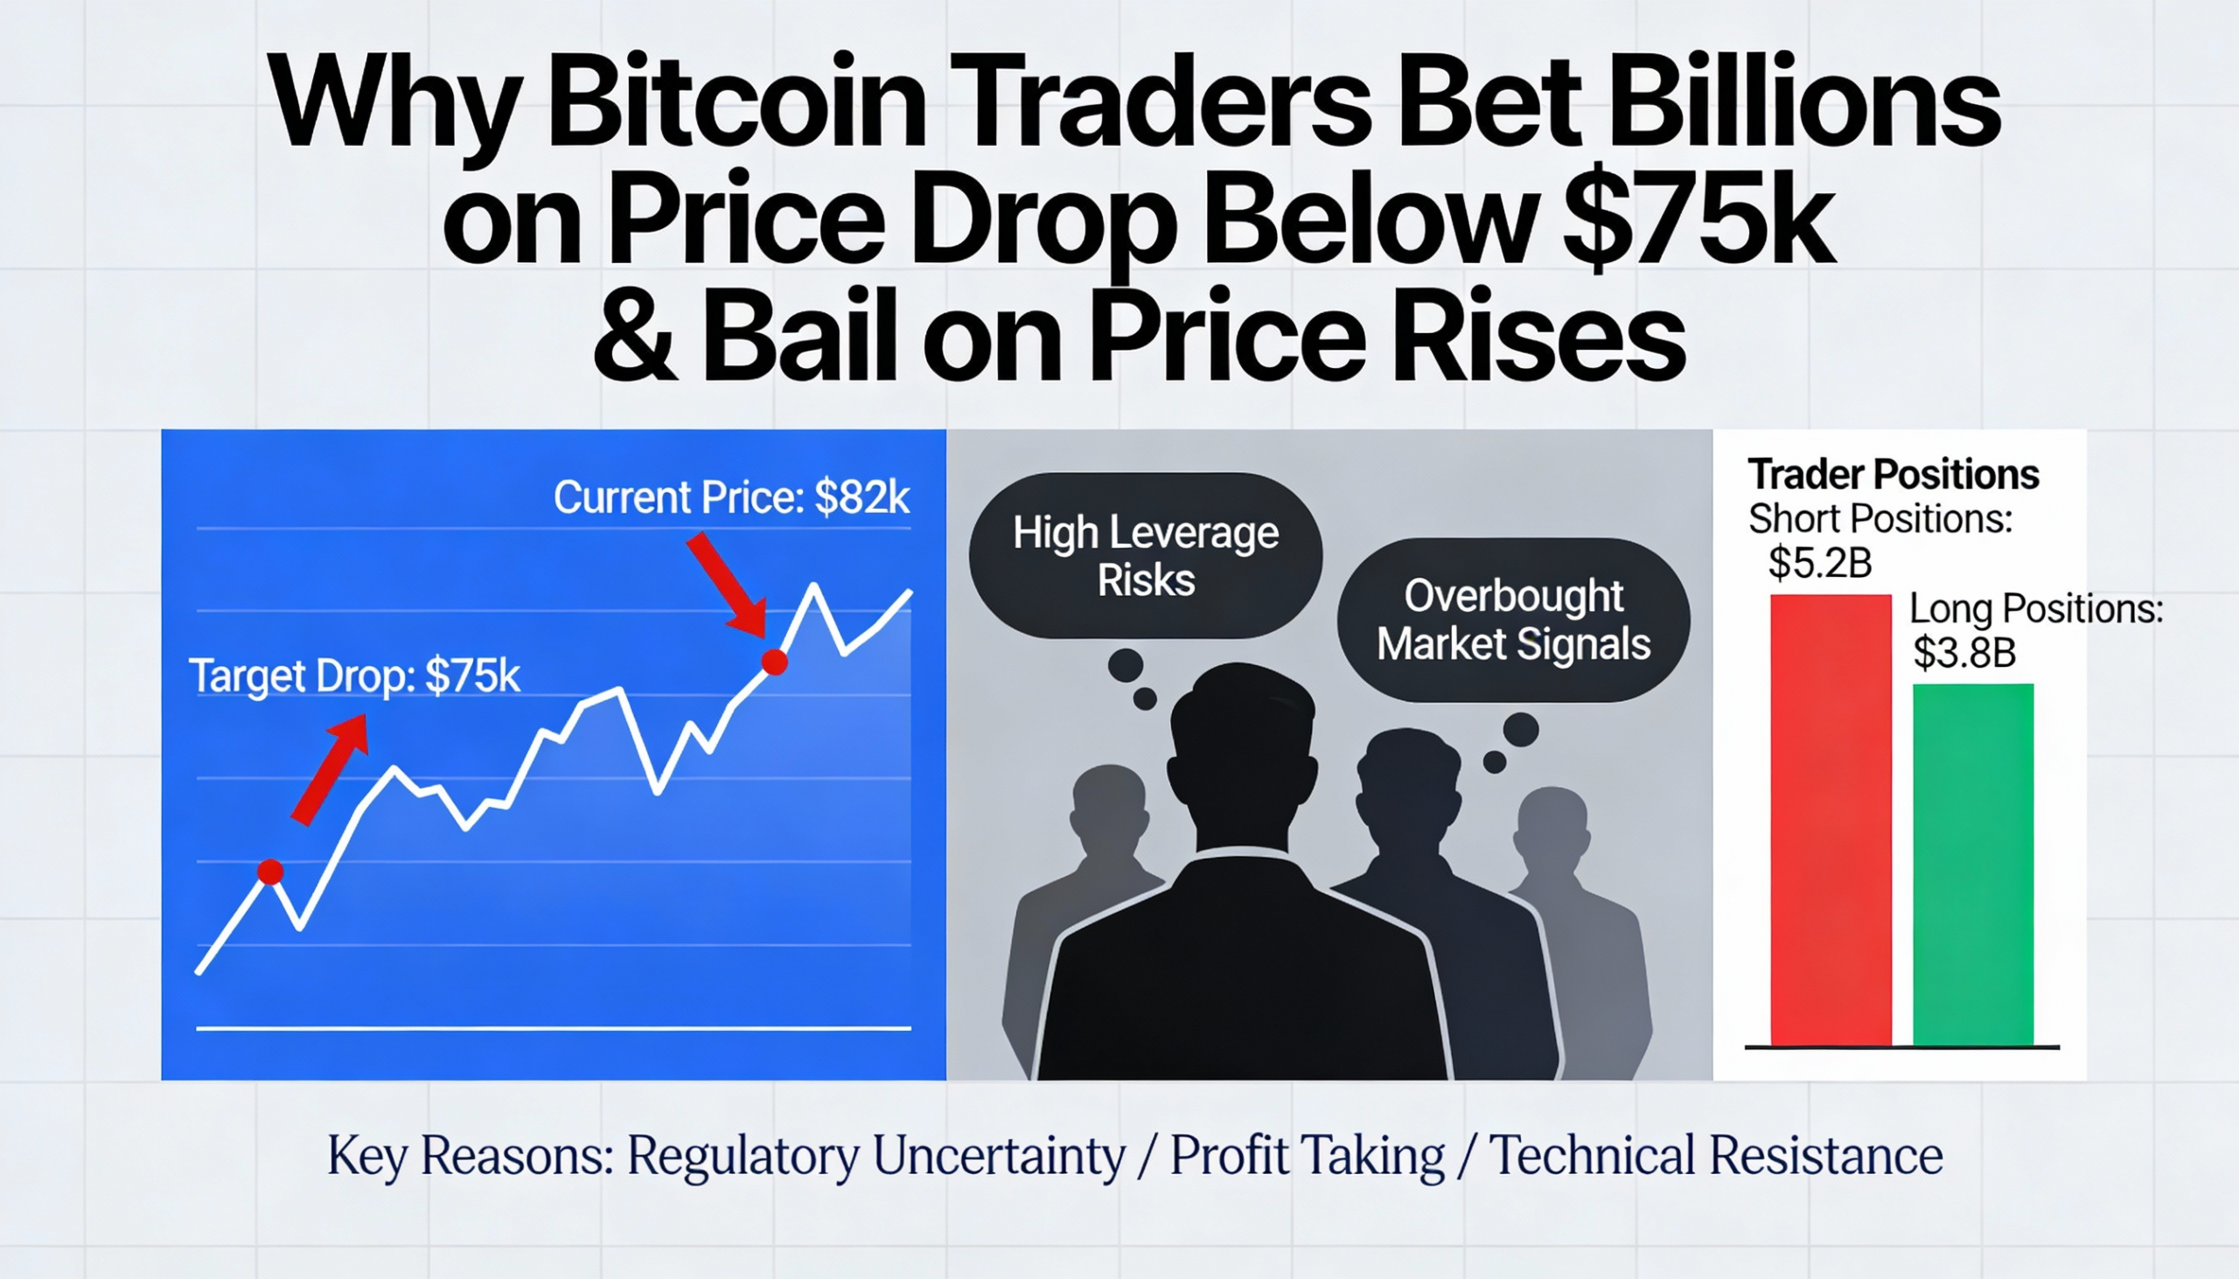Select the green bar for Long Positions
click(1973, 865)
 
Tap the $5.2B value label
click(1820, 563)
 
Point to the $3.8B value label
click(1964, 653)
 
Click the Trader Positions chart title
click(1893, 476)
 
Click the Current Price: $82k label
click(731, 498)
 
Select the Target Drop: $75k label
click(354, 677)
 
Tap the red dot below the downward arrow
click(774, 663)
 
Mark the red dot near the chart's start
click(270, 872)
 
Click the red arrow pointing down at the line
click(728, 584)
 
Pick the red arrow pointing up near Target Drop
click(331, 768)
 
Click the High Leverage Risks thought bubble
click(1145, 556)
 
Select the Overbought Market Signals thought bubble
click(1512, 620)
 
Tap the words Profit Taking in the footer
click(1307, 1156)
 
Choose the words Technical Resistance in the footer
click(1716, 1156)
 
